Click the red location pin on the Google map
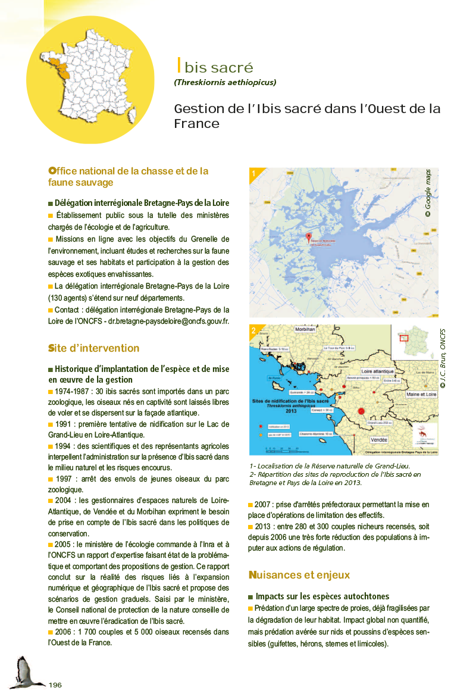(308, 237)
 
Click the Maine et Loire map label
(421, 394)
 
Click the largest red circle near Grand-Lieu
(361, 411)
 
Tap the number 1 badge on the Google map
(254, 174)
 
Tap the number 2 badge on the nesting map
(254, 331)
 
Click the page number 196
(55, 684)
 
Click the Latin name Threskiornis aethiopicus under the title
(225, 83)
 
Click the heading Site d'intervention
(93, 348)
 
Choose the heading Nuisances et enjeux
(299, 575)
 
